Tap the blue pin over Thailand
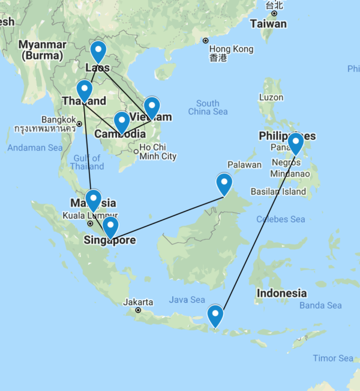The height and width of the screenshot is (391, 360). tap(85, 90)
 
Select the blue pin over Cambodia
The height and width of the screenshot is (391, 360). tap(122, 121)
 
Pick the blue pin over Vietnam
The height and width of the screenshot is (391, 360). tap(152, 107)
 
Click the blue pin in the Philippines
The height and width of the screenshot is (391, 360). tap(295, 143)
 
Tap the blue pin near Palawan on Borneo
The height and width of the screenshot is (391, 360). tap(224, 183)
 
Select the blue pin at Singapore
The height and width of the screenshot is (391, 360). tap(110, 226)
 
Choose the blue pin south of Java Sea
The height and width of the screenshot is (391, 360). tap(215, 315)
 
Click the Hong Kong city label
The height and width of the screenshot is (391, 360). tap(227, 49)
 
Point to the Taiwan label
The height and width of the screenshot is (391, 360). tap(268, 24)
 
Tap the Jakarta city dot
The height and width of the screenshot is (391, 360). tap(138, 311)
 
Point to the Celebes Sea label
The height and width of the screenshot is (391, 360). tap(281, 219)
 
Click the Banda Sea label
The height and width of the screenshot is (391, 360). tap(320, 305)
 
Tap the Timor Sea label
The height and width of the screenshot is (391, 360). tap(333, 358)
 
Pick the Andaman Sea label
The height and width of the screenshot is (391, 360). tap(35, 148)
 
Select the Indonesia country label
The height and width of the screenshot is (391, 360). tap(281, 294)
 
